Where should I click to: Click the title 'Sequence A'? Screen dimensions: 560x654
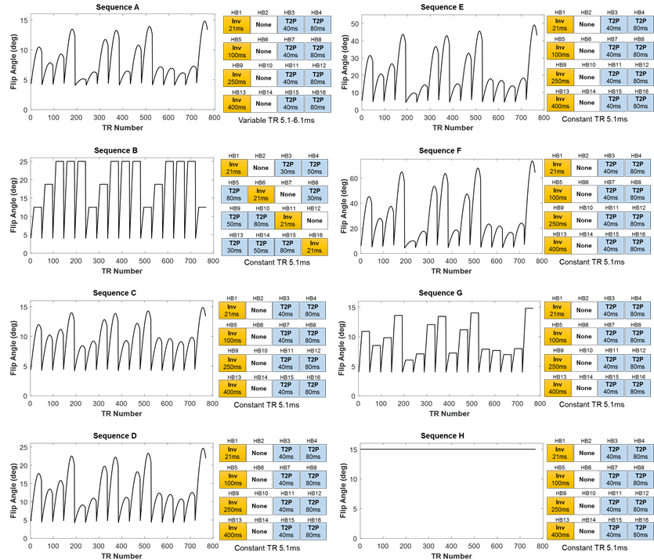tap(118, 7)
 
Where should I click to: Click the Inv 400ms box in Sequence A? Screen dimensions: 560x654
tap(233, 105)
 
